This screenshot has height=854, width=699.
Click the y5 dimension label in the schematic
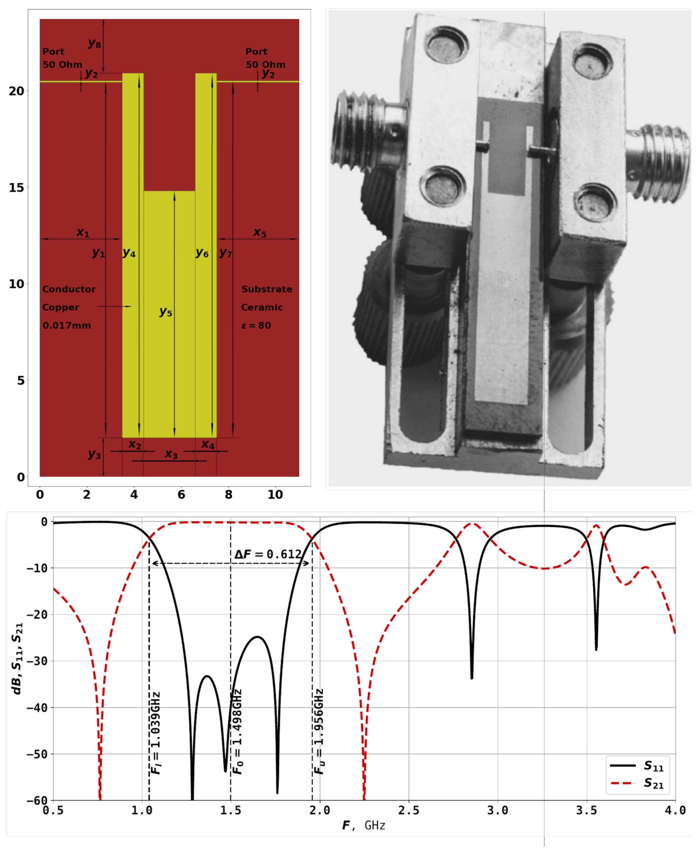(165, 312)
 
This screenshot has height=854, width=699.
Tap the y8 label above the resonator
(94, 43)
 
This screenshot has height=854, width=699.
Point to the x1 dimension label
(83, 232)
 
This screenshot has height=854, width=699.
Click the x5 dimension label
(260, 232)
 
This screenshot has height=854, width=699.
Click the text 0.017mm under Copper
(67, 325)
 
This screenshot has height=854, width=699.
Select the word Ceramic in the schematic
(262, 307)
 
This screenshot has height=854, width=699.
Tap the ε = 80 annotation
(256, 325)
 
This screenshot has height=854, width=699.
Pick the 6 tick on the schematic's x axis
(181, 495)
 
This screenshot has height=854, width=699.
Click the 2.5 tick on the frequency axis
(409, 810)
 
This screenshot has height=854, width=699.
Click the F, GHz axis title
(364, 826)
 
